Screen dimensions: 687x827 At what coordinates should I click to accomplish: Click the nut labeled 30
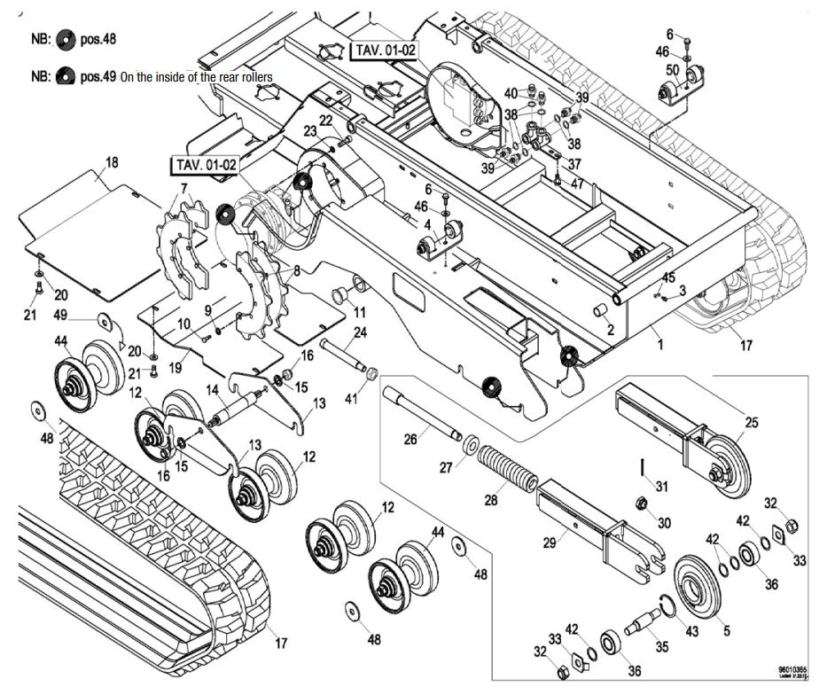641,505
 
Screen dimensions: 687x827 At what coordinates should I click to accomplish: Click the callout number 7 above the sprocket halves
184,189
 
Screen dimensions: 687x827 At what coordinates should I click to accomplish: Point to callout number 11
359,312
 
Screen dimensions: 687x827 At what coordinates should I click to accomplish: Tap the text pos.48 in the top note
98,38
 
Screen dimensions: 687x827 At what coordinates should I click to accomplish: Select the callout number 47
577,183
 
